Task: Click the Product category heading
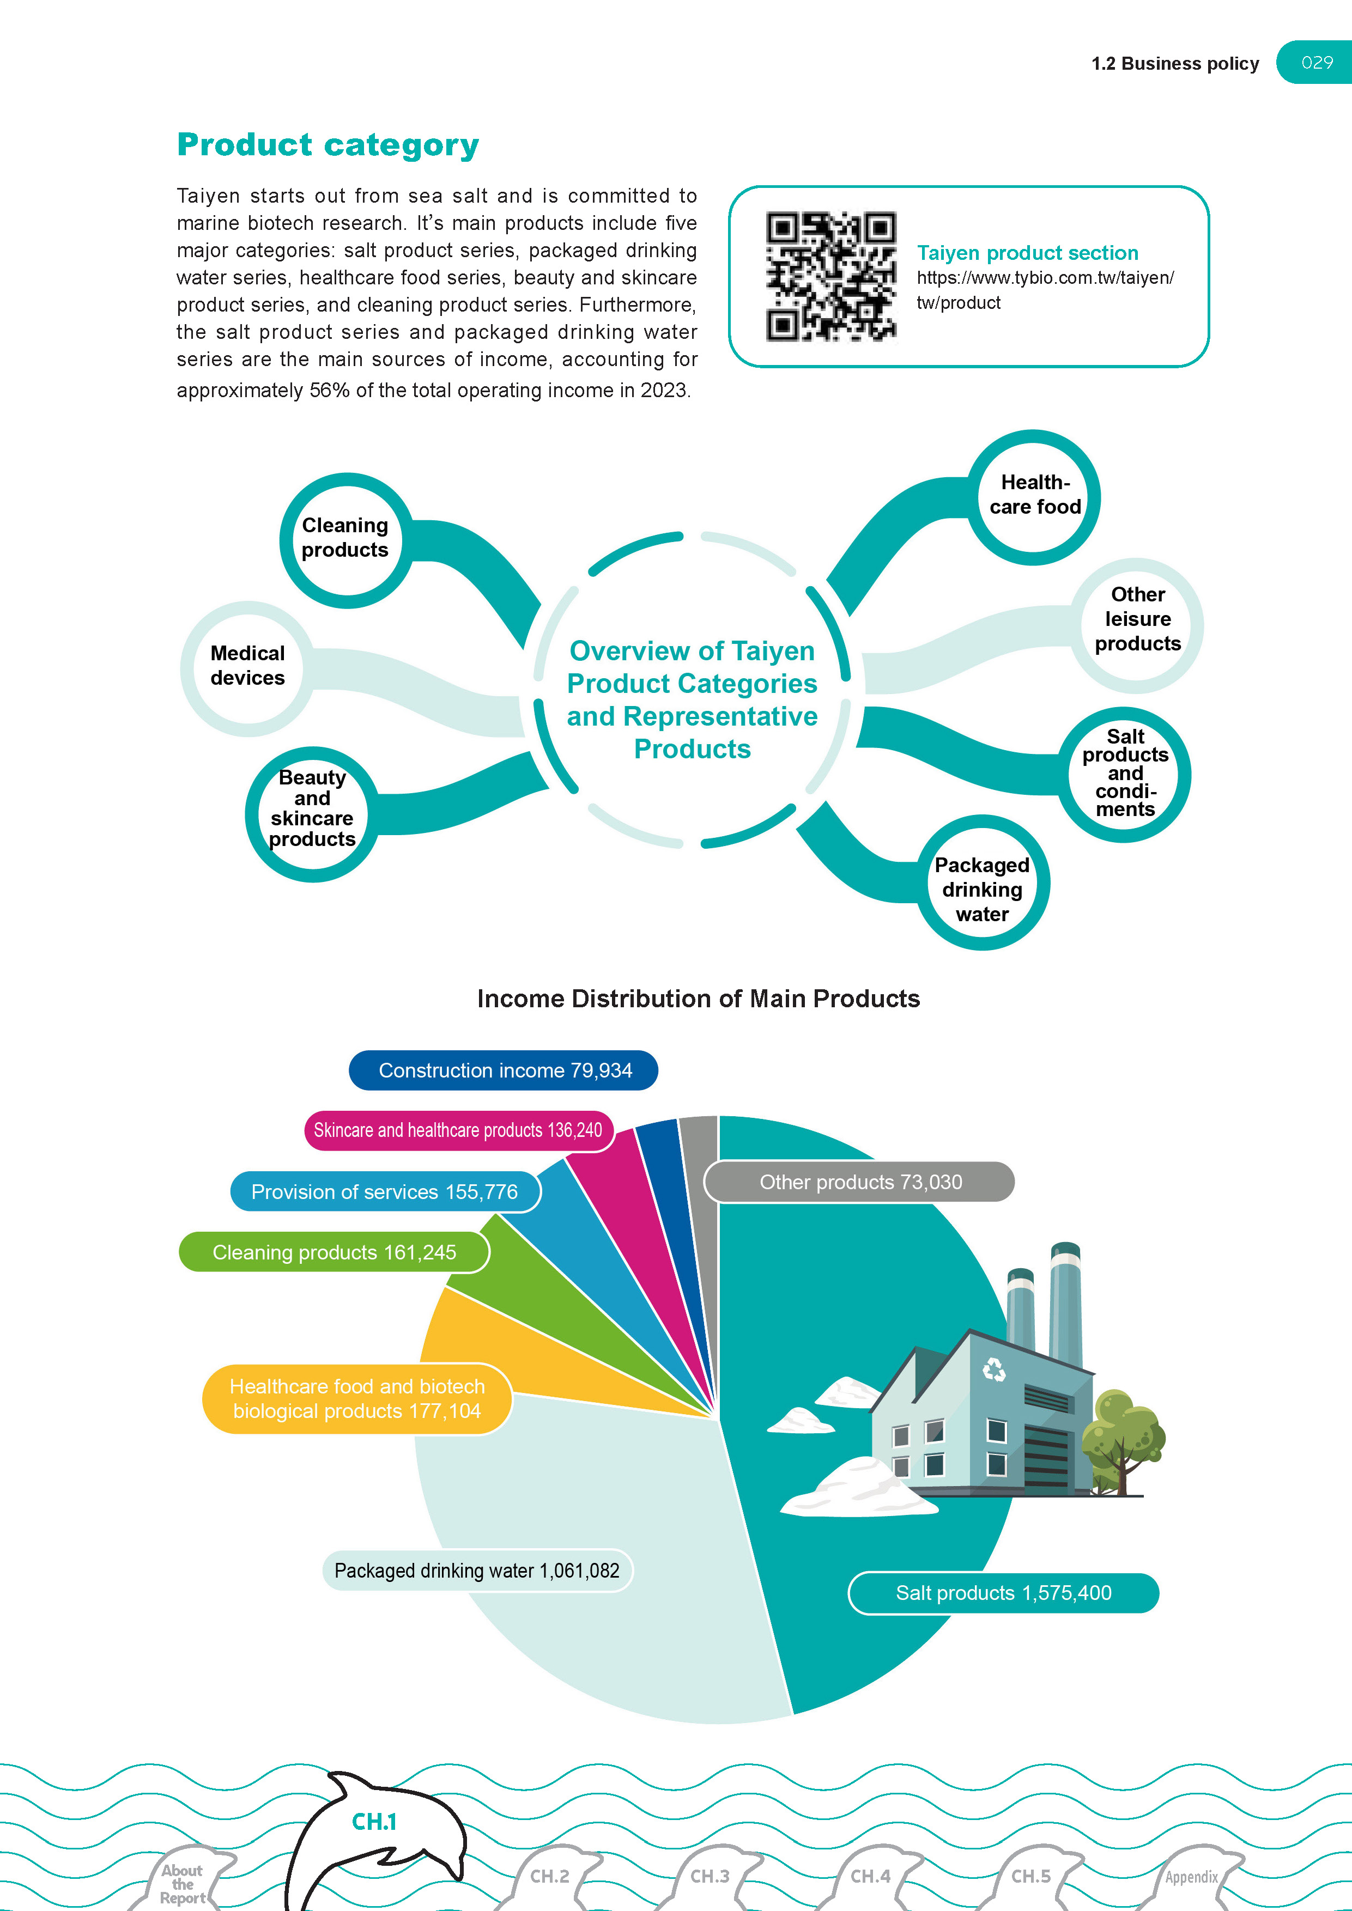coord(328,145)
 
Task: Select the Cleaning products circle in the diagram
coord(345,539)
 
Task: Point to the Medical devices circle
coord(247,666)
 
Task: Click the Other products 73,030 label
coord(859,1182)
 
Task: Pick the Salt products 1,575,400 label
coord(1003,1593)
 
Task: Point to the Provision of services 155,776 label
coord(385,1192)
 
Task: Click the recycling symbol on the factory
coord(994,1369)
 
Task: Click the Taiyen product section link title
coord(1027,253)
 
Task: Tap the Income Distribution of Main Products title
coord(698,999)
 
